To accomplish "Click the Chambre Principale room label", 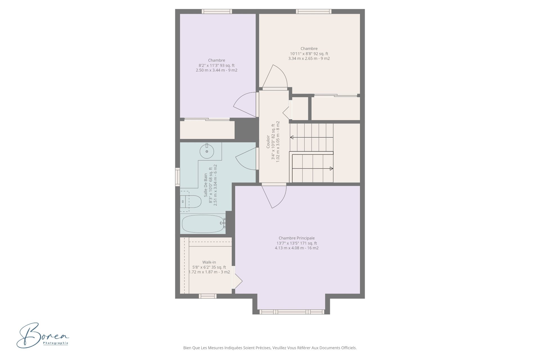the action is coord(296,238).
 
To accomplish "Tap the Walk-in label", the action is coord(209,262).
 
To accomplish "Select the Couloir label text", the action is coord(268,141).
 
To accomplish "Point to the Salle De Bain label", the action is coord(206,185).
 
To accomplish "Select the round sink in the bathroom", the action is coord(207,151).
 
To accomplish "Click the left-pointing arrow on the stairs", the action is coord(312,137).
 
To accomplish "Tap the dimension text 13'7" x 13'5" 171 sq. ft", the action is coord(297,243).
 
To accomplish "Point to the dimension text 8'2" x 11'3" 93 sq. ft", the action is coord(217,66).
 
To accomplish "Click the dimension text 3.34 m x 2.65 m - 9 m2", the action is coord(309,58).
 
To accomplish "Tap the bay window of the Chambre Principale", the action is coord(292,312).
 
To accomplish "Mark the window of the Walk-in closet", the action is coord(208,296).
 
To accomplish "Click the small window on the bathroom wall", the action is coord(177,177).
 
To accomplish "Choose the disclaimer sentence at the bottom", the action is coord(270,348).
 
